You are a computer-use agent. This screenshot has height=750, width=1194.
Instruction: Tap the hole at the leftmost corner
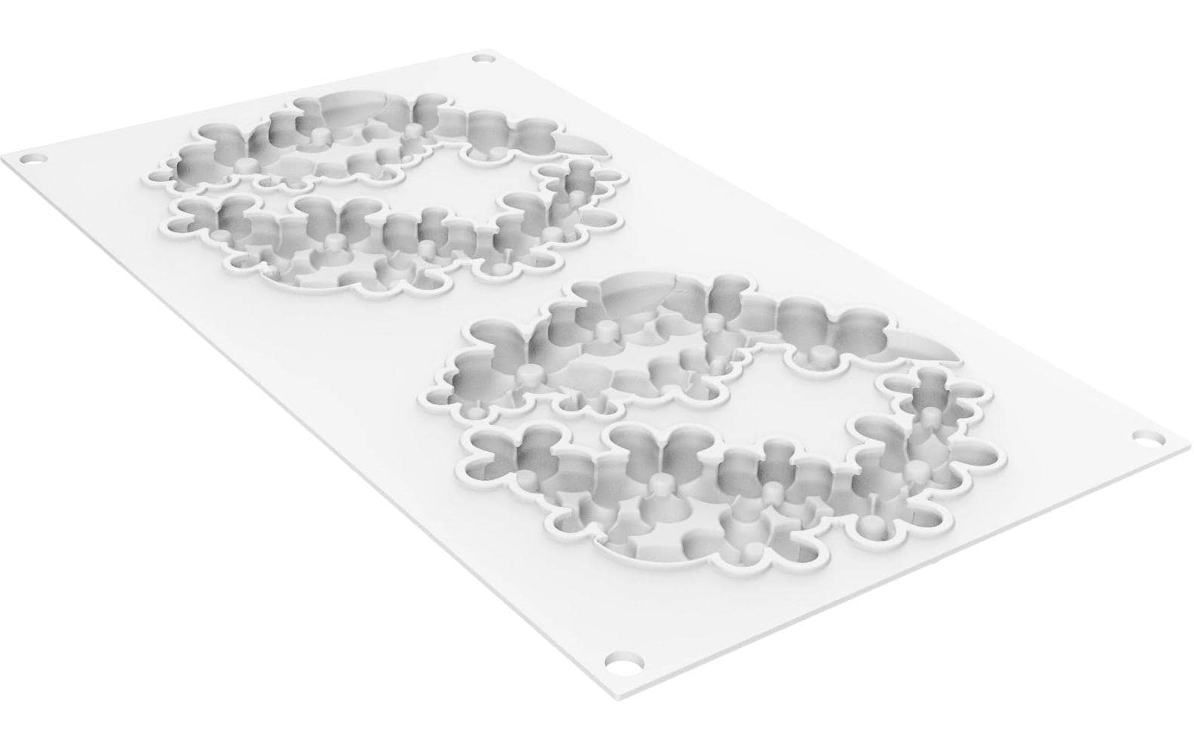click(30, 159)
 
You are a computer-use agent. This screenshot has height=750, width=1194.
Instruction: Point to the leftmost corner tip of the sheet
click(4, 158)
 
